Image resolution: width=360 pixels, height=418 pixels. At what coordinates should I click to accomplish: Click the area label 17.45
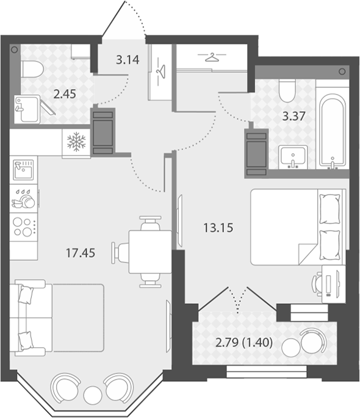(80, 253)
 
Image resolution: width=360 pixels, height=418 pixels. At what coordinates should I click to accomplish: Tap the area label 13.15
(218, 228)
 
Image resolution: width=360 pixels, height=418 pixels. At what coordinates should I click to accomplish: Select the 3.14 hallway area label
(128, 60)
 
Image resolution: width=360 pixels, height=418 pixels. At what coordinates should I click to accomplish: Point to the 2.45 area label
(65, 94)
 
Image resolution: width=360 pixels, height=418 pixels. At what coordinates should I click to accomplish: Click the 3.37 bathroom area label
(293, 117)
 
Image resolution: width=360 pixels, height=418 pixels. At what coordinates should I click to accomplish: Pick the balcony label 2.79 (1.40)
(244, 342)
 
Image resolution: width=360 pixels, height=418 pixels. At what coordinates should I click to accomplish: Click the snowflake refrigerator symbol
(76, 141)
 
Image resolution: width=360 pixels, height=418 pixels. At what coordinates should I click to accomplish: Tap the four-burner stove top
(24, 227)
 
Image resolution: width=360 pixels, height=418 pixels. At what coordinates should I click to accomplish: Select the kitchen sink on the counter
(24, 170)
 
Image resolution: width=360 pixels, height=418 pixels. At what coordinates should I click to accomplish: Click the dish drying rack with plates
(24, 198)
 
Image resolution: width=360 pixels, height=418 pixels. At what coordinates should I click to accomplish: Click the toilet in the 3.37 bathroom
(287, 91)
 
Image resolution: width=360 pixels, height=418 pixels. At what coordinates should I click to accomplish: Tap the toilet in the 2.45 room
(32, 69)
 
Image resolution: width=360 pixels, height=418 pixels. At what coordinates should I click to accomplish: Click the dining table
(150, 252)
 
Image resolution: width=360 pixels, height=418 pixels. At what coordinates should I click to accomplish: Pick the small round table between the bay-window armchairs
(93, 395)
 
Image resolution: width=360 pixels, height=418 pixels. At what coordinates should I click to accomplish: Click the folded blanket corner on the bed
(308, 253)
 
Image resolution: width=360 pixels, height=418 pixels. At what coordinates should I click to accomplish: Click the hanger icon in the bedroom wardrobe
(212, 57)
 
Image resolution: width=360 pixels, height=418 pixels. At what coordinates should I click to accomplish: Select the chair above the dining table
(151, 223)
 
